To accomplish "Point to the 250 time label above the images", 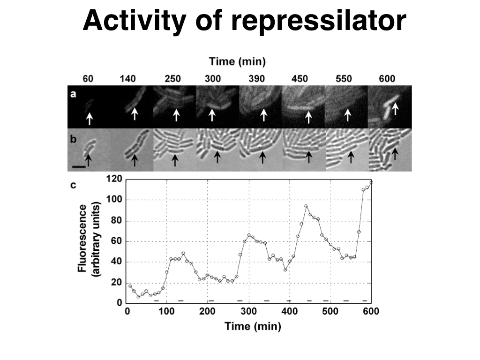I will pos(172,78).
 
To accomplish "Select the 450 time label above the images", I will pos(300,78).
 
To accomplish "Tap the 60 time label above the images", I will pos(88,78).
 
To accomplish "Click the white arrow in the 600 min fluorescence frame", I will pos(395,109).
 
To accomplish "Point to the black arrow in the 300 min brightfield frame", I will pos(217,157).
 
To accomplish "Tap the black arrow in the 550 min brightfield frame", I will pos(351,156).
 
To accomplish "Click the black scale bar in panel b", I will pos(79,166).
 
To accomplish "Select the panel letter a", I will pos(73,94).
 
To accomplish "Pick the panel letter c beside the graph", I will pos(73,185).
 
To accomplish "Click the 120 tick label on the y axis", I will pos(114,179).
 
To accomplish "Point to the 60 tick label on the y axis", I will pos(117,241).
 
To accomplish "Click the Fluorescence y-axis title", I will pos(83,238).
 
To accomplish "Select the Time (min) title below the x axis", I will pos(253,326).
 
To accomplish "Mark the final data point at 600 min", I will pos(371,182).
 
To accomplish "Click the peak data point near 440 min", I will pos(306,206).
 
